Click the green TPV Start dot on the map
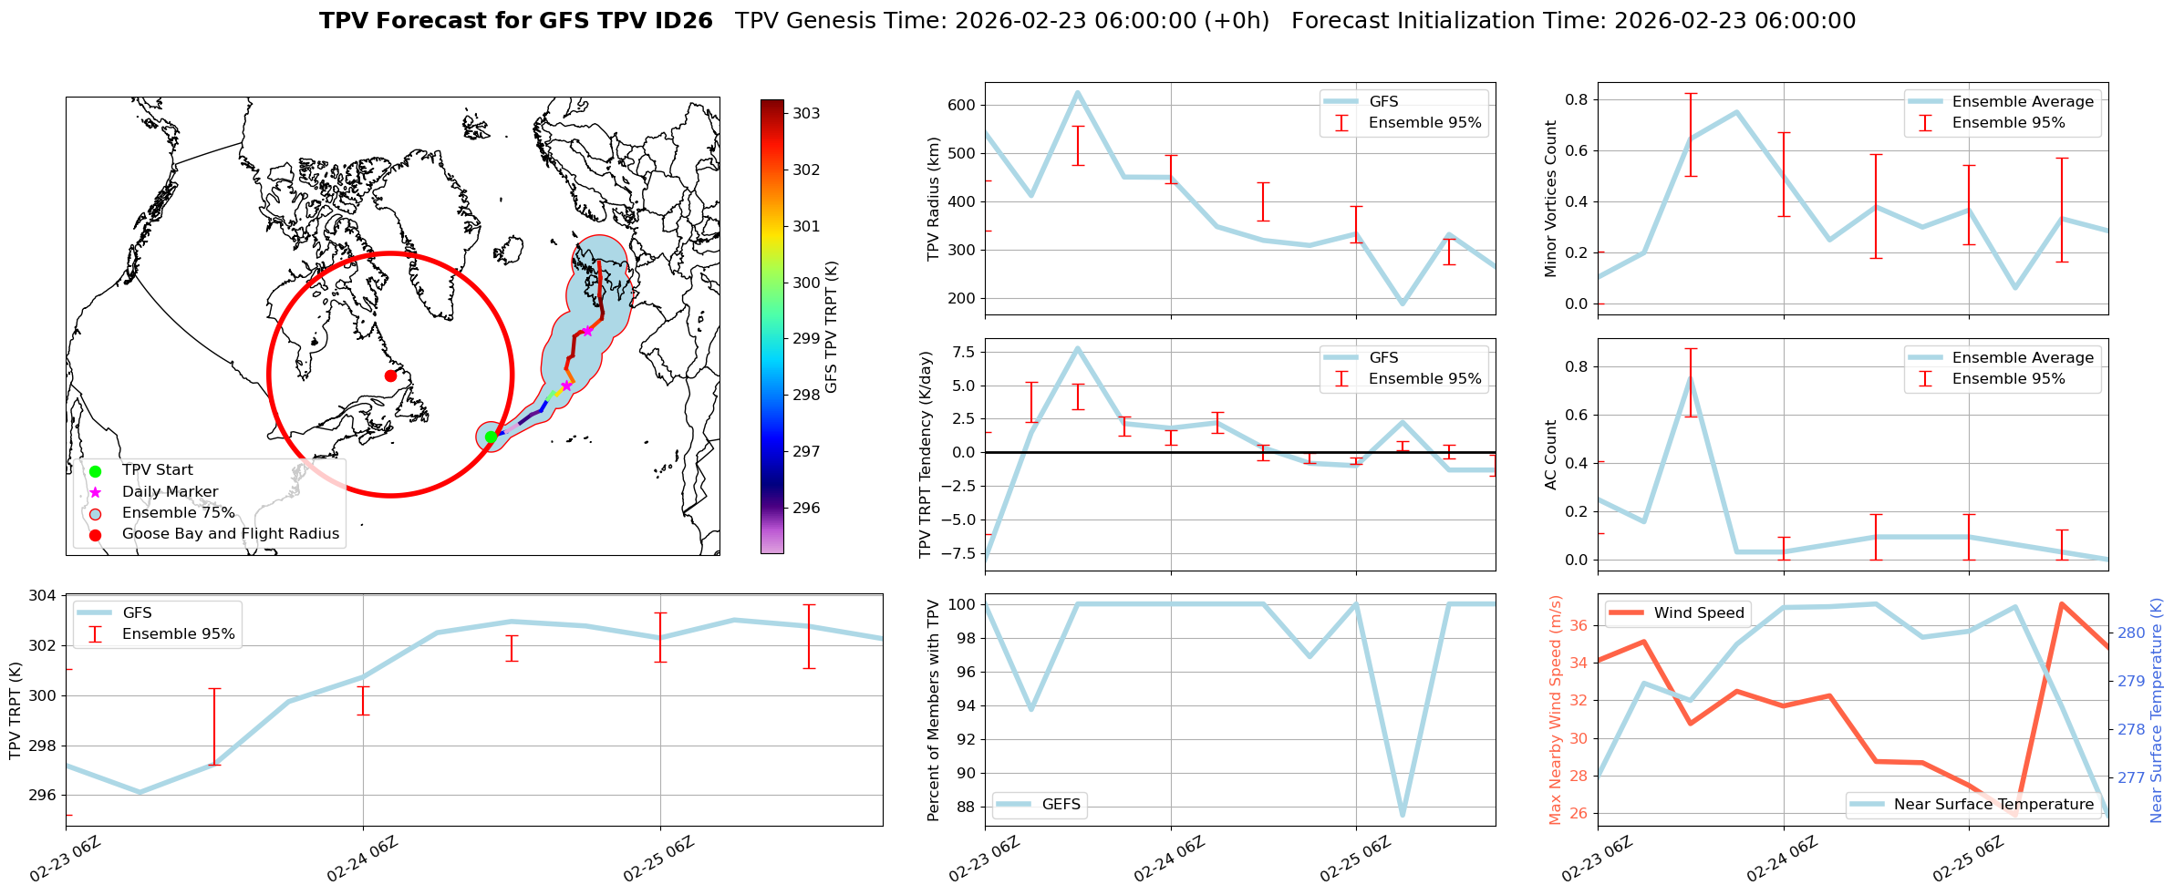pos(491,437)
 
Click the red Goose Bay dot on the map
pos(390,375)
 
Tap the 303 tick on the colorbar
pos(805,114)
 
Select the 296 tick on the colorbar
pos(805,509)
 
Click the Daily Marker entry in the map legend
pos(170,492)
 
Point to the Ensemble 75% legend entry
pos(178,513)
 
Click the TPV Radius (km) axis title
pos(933,199)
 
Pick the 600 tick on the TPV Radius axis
pos(963,105)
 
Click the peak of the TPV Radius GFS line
pos(1078,92)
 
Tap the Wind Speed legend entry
pos(1698,613)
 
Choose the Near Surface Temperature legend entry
pos(1993,805)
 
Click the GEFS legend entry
pos(1061,805)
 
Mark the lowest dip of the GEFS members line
pos(1403,815)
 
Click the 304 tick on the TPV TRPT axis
pos(45,596)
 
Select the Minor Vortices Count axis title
pos(1551,199)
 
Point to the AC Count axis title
pos(1551,455)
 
